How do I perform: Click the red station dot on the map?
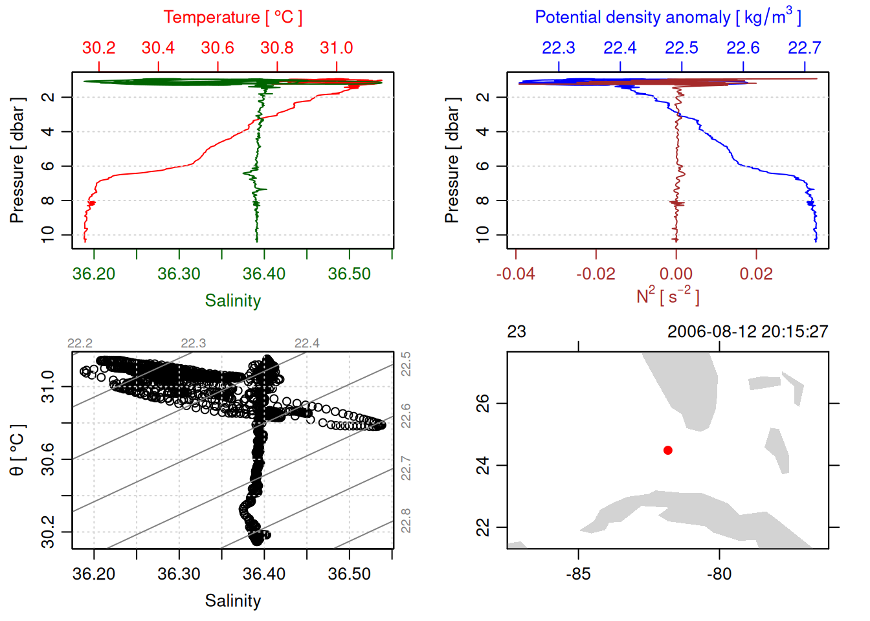click(667, 450)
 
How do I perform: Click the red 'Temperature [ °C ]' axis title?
click(232, 17)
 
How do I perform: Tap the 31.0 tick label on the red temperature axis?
click(337, 48)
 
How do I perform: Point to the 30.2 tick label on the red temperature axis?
click(99, 48)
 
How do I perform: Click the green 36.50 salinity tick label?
click(350, 274)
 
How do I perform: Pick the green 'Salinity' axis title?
click(233, 301)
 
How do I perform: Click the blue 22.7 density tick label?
click(804, 48)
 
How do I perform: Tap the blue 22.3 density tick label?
click(558, 48)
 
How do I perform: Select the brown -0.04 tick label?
click(516, 274)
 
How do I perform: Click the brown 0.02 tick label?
click(756, 274)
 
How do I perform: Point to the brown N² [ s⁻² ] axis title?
click(667, 296)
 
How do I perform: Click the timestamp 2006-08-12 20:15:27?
click(748, 332)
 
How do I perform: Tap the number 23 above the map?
click(517, 332)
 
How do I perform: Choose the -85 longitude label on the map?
click(578, 574)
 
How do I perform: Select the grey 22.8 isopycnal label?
click(406, 521)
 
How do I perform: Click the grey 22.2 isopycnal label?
click(80, 343)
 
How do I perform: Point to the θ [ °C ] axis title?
click(17, 450)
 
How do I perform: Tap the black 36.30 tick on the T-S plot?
click(179, 574)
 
